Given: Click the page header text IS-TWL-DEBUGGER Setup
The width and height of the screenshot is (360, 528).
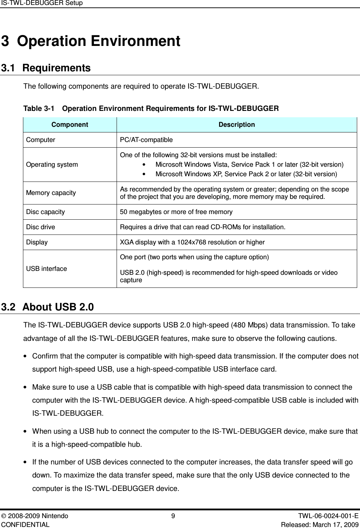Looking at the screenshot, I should (42, 3).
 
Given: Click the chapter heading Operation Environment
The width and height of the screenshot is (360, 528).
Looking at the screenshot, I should (99, 41).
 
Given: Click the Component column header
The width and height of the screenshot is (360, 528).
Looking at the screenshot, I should (70, 125).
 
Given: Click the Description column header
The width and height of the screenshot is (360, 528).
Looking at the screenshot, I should (236, 125).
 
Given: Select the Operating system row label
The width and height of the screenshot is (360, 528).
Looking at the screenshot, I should (52, 165).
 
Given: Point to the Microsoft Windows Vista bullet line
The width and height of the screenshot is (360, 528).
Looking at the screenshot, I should (249, 165).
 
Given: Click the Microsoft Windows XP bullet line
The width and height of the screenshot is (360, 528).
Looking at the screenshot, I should (246, 174).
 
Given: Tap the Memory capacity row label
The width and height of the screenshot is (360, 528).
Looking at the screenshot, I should (51, 193).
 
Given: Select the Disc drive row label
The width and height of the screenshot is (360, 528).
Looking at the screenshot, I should (40, 227).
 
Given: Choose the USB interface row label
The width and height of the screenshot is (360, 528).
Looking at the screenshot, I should (46, 269).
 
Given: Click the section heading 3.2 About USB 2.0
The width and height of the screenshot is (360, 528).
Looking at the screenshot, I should (48, 307).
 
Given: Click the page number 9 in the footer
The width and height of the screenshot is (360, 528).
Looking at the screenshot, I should (173, 516).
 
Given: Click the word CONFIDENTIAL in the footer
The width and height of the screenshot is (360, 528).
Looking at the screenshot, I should (25, 524).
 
